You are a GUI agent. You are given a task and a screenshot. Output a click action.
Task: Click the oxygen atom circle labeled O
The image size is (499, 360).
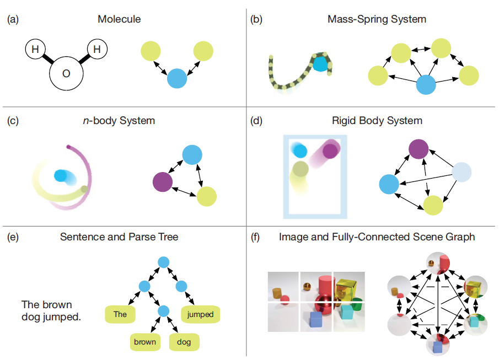point(66,73)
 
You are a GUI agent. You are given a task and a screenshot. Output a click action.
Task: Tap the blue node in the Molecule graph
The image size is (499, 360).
point(178,78)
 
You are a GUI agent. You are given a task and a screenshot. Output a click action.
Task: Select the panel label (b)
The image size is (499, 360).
point(256,19)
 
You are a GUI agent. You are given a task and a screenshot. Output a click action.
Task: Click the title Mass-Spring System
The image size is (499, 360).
point(377,19)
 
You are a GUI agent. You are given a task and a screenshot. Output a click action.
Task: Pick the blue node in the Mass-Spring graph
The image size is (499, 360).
point(426,85)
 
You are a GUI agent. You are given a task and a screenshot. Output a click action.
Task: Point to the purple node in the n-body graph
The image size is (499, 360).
point(162,181)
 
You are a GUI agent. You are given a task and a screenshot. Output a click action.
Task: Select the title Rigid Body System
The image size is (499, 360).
point(377,120)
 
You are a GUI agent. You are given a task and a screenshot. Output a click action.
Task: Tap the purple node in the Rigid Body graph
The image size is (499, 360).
point(419,149)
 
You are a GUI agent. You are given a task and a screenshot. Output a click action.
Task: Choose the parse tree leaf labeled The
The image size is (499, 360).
point(120,315)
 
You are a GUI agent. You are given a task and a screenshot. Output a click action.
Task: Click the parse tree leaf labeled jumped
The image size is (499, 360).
point(200,315)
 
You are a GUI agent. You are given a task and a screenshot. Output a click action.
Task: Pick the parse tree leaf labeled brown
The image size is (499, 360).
point(145,342)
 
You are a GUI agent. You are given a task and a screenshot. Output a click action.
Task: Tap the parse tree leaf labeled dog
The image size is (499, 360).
point(184,342)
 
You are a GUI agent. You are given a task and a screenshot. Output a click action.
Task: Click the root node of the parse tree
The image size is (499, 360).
point(163,261)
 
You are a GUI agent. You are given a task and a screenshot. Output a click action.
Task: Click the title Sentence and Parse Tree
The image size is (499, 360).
point(119,237)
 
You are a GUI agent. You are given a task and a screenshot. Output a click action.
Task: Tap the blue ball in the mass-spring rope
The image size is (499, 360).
point(320,63)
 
